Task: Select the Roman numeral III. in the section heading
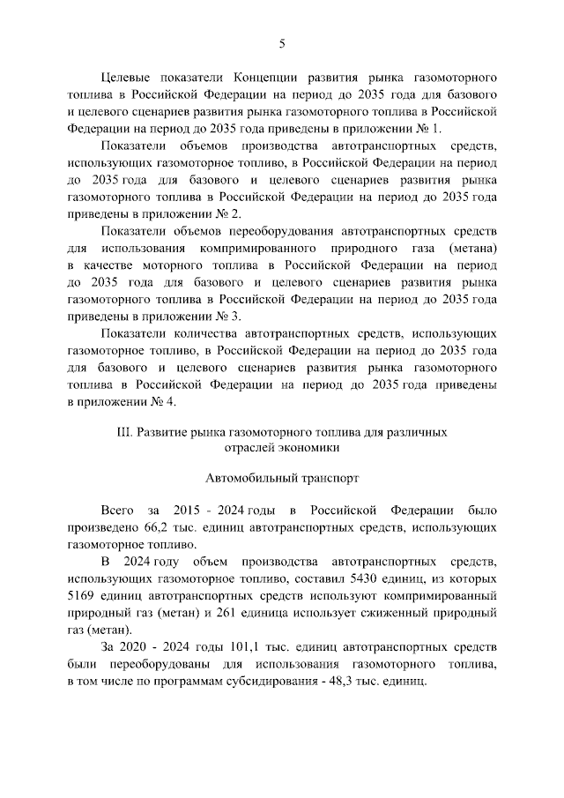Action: pyautogui.click(x=126, y=433)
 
